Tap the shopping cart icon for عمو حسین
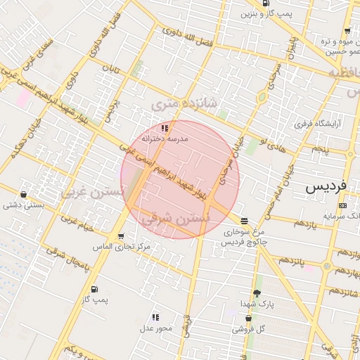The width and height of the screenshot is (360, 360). click(347, 31)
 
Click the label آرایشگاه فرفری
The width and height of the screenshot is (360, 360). click(327, 124)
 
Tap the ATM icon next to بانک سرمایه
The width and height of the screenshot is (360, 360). click(342, 205)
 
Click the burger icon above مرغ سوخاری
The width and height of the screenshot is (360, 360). click(243, 220)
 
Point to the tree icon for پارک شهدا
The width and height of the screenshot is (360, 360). click(256, 293)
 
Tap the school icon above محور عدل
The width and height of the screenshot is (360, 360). click(155, 318)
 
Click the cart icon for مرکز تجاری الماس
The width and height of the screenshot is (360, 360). click(122, 236)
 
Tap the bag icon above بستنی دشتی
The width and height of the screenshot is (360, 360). click(25, 195)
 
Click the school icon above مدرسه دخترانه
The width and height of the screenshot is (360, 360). click(165, 129)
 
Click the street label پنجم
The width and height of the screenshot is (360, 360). click(320, 149)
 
